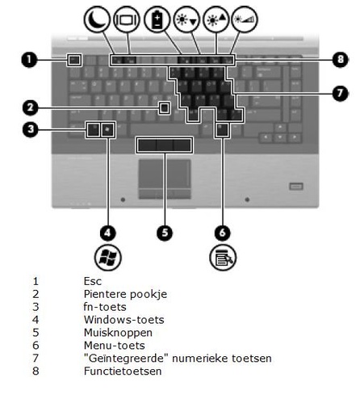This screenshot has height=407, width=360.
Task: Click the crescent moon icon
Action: click(97, 19)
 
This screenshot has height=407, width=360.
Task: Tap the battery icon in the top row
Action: click(157, 19)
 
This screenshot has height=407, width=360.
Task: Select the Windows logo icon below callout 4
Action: click(108, 258)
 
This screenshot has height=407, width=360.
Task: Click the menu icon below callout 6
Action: click(223, 258)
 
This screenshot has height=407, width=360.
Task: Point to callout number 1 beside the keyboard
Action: click(29, 60)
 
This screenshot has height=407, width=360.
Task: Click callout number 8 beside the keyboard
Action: click(340, 60)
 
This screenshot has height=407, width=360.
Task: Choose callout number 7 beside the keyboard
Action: click(340, 93)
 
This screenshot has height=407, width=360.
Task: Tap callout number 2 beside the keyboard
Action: click(31, 107)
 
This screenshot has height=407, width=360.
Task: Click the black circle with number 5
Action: click(165, 233)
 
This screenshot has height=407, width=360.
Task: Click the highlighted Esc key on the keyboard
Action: click(74, 60)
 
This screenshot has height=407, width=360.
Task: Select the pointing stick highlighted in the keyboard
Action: click(164, 107)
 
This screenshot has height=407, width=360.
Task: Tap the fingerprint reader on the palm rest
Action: click(296, 187)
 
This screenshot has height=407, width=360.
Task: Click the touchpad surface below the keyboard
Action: click(165, 173)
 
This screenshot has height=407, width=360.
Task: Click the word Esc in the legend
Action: click(93, 281)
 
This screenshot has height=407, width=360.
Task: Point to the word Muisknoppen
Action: click(118, 333)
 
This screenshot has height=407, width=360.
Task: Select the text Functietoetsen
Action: click(123, 371)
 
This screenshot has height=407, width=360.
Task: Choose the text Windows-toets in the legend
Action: click(124, 320)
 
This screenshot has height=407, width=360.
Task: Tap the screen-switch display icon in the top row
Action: click(127, 19)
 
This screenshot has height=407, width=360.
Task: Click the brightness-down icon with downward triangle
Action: click(186, 19)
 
